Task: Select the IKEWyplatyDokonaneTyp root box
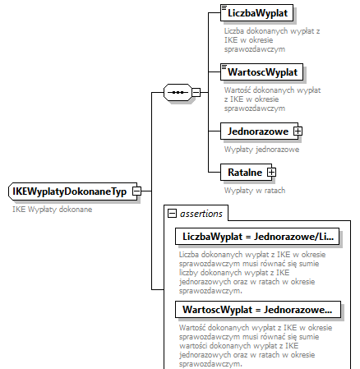pyautogui.click(x=69, y=191)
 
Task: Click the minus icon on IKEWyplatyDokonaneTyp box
pyautogui.click(x=137, y=191)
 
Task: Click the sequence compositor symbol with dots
pyautogui.click(x=177, y=93)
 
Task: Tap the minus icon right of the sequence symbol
pyautogui.click(x=196, y=93)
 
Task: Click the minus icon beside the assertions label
pyautogui.click(x=173, y=214)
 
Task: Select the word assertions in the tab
pyautogui.click(x=201, y=214)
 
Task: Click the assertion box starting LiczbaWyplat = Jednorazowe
pyautogui.click(x=258, y=237)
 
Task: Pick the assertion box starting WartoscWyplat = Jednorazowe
pyautogui.click(x=258, y=310)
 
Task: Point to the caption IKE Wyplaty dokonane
pyautogui.click(x=52, y=210)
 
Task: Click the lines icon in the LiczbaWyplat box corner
pyautogui.click(x=224, y=8)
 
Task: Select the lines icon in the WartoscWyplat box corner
pyautogui.click(x=224, y=66)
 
